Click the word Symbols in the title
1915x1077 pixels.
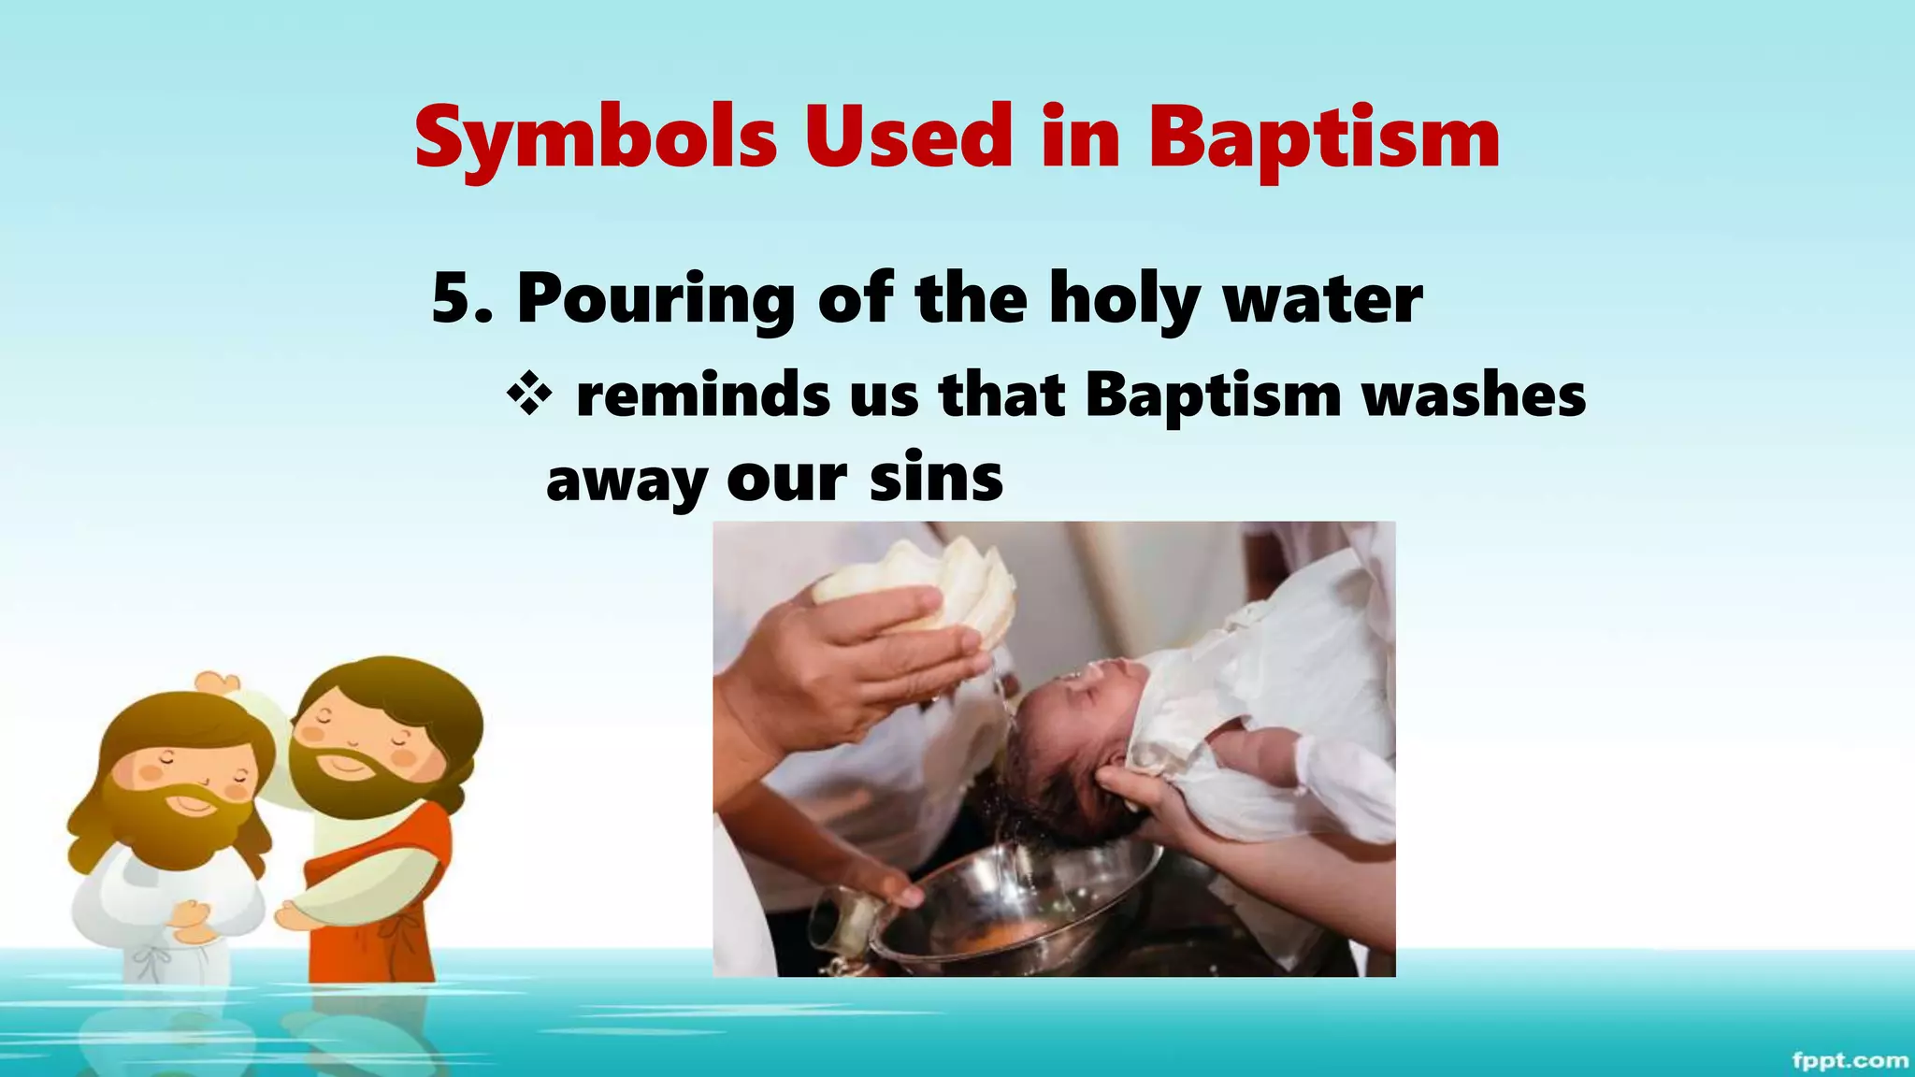(x=596, y=138)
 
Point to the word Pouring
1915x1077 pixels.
(x=655, y=299)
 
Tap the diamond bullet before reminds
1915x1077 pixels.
(x=529, y=395)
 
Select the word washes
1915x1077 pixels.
(x=1474, y=395)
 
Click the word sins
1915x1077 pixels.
(x=936, y=479)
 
